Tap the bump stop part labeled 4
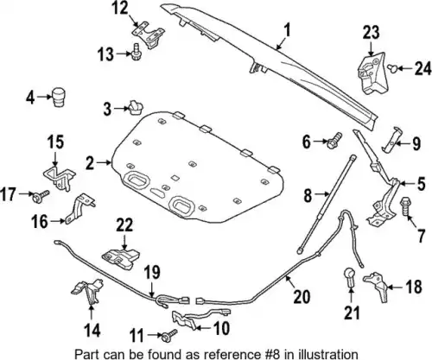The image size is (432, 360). coord(58,97)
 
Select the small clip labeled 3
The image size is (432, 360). coord(136,108)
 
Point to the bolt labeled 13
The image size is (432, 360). coord(136,52)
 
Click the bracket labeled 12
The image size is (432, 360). coord(149,35)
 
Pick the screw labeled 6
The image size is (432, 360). coord(334,140)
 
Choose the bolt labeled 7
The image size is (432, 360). coord(405,206)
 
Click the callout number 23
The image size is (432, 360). coord(371,33)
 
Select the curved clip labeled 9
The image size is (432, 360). coord(391,139)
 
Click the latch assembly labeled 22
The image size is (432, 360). coord(121,257)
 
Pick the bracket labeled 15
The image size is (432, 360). coord(60,177)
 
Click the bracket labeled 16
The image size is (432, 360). coord(79,208)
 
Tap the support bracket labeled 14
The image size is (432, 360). coord(87,291)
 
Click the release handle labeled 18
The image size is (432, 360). coord(377,286)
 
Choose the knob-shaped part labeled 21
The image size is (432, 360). coord(350,276)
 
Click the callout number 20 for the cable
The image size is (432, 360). coord(302,297)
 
